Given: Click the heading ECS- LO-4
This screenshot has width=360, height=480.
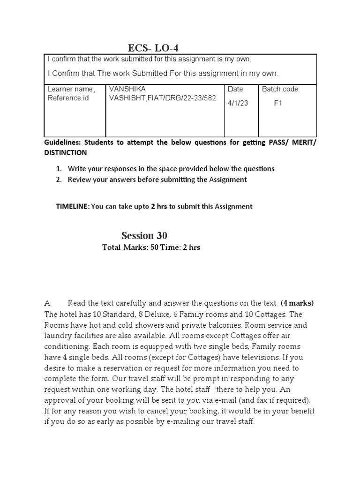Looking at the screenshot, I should [153, 48].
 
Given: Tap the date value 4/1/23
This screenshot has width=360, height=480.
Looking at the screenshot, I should [238, 104].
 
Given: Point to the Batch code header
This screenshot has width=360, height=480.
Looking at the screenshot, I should [280, 89].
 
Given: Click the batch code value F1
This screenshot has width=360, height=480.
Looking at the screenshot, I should [278, 104].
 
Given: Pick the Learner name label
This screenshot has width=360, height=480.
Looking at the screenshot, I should [71, 89].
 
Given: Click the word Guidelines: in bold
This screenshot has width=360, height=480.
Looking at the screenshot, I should [64, 143].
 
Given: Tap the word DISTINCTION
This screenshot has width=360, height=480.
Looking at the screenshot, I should [65, 153].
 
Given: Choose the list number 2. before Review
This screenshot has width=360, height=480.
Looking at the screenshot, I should [59, 180].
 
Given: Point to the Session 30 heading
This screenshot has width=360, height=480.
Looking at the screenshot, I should [144, 235].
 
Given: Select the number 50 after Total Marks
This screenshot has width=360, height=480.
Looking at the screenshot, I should [155, 247].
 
